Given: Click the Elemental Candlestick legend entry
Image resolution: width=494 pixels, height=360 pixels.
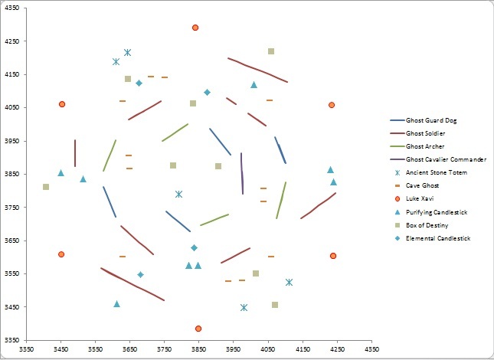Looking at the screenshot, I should click(x=438, y=238).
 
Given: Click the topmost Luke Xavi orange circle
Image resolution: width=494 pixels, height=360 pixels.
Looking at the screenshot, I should click(x=195, y=28).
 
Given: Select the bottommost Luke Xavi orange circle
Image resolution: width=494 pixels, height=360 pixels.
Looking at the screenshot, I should click(x=198, y=329).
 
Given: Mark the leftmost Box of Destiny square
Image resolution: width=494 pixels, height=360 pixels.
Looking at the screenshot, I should click(x=46, y=187).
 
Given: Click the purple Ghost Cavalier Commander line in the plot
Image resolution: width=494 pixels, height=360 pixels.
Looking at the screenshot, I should click(x=242, y=174).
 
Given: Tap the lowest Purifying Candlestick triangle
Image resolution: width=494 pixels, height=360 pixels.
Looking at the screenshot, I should click(x=116, y=304).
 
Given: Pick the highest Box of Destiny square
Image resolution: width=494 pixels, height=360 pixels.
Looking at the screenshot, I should click(x=271, y=51).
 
